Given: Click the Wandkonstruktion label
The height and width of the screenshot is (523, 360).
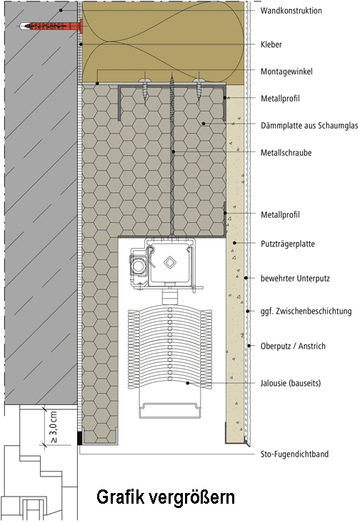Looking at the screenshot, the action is (291, 10).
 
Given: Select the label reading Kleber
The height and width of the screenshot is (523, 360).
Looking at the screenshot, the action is (271, 44).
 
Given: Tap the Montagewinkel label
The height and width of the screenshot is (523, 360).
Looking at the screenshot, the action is (286, 71).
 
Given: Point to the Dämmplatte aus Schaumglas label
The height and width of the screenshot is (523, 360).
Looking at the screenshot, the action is (309, 126).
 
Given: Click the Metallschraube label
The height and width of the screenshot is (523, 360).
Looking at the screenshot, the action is (286, 153).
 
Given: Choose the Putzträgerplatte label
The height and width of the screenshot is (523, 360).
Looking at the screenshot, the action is (287, 244).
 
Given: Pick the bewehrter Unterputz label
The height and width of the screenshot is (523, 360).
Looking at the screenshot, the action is (295, 278).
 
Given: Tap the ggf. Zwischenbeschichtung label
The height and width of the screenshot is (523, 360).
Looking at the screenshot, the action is (306, 312).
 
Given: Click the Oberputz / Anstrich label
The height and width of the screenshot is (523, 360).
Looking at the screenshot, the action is (293, 346).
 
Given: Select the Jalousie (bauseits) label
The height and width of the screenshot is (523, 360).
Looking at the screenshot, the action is (290, 383).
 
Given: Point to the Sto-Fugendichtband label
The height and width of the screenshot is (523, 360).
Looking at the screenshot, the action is (294, 454).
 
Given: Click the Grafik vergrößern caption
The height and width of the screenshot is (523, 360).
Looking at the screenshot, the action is (166, 497).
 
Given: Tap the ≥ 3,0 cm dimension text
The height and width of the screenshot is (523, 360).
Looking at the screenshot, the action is (54, 427).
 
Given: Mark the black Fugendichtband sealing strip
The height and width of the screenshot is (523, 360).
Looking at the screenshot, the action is (80, 438).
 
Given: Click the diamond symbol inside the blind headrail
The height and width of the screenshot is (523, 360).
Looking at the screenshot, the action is (170, 262).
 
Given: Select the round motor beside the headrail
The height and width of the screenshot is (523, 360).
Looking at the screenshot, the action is (138, 267).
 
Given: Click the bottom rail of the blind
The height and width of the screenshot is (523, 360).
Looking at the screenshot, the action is (171, 410).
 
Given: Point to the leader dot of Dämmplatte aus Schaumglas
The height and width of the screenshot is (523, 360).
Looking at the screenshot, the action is (204, 124).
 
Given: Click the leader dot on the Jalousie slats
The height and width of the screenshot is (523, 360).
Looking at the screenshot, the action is (188, 383).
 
